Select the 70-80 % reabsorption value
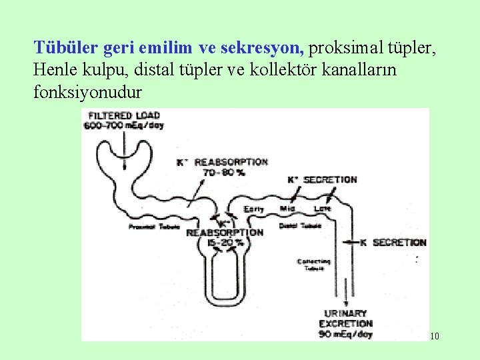tap(223, 172)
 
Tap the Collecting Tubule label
tap(313, 265)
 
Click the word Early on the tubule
tap(254, 209)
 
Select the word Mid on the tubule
tap(288, 209)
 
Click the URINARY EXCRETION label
tap(348, 318)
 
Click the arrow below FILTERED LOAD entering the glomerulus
tap(123, 137)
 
